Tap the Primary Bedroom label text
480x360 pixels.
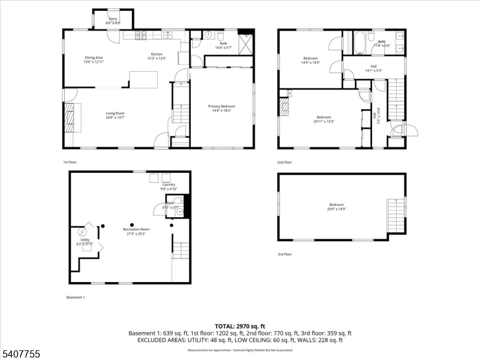(x=221, y=108)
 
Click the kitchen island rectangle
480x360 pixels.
(x=144, y=79)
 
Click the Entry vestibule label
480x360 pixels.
(x=113, y=21)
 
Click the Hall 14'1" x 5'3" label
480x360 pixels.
(x=373, y=68)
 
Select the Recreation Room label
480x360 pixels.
(x=136, y=231)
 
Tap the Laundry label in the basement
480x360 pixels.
(x=168, y=186)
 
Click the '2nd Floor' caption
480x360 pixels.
(x=284, y=162)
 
